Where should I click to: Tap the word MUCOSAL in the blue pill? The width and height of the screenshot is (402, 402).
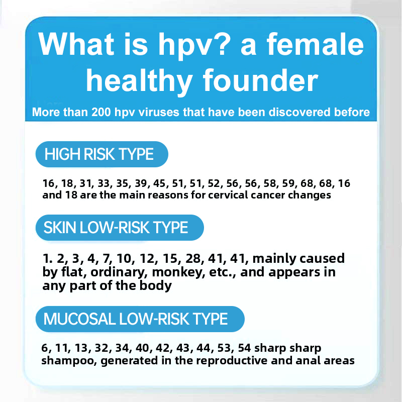tap(80, 319)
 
